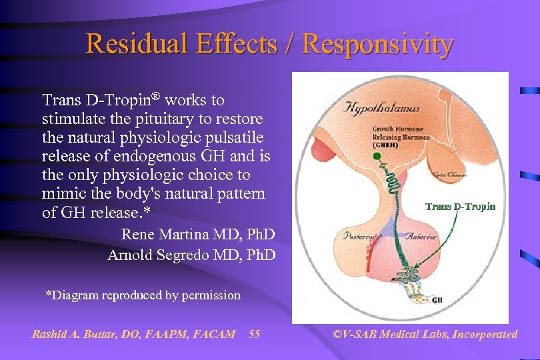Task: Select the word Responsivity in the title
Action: click(378, 44)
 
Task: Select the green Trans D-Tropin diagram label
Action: click(461, 206)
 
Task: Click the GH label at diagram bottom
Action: click(437, 300)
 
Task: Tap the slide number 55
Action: click(254, 334)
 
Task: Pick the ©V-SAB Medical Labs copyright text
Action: click(425, 334)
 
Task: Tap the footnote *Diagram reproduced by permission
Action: click(143, 295)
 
